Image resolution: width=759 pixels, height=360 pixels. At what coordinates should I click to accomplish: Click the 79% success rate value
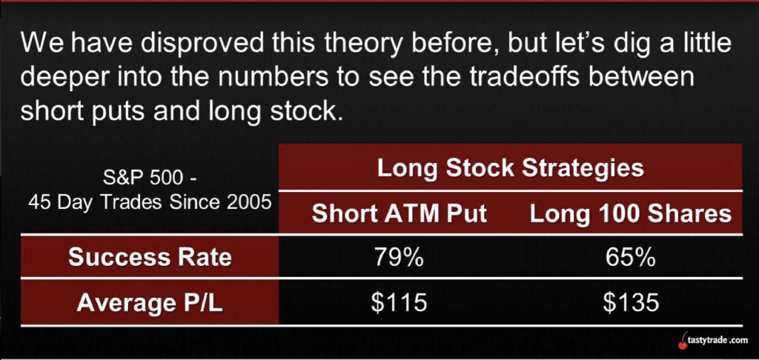399,259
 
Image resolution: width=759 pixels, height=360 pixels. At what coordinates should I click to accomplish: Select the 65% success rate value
630,259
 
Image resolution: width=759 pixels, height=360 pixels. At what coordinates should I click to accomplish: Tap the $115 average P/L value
400,303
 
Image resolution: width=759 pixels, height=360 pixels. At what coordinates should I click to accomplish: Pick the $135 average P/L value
631,303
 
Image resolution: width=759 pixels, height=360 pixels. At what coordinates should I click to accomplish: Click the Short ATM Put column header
400,214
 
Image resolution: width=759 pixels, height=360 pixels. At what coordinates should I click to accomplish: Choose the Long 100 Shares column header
631,214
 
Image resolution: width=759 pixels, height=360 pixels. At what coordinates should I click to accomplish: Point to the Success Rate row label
150,258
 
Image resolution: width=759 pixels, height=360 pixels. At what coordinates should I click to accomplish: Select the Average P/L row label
150,303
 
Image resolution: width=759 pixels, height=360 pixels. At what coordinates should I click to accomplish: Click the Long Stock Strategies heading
511,168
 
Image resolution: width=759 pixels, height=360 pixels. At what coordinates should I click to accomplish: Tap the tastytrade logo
714,341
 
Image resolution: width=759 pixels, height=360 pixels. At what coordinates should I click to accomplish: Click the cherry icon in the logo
683,342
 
